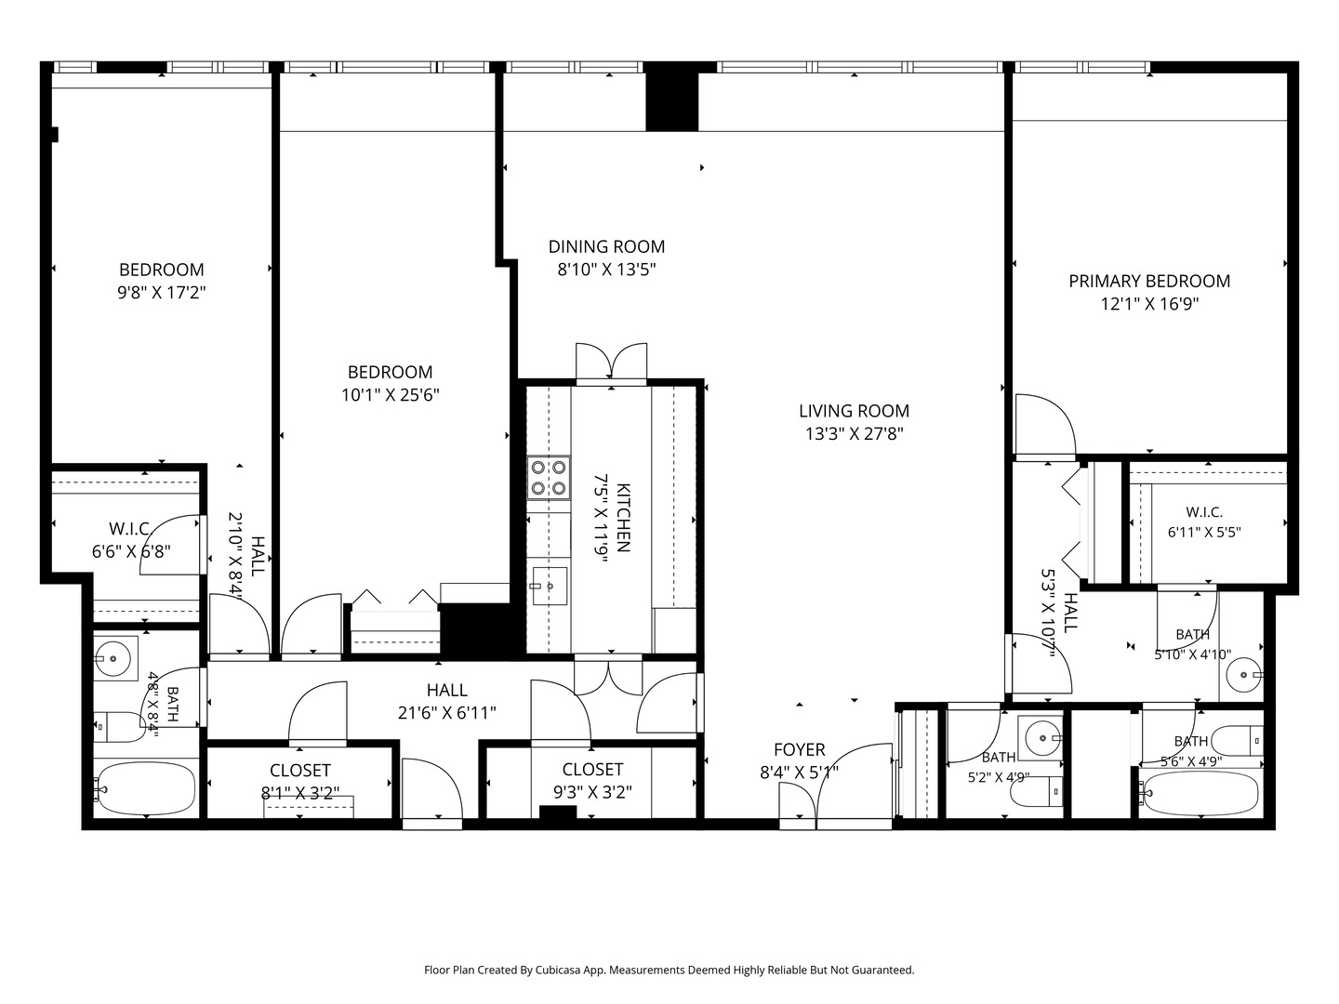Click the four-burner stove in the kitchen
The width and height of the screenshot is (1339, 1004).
click(549, 478)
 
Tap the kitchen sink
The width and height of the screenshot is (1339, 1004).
click(549, 587)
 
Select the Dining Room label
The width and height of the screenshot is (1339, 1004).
click(606, 246)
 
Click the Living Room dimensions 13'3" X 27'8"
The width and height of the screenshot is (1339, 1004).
click(854, 434)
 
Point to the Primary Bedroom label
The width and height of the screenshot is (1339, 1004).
click(1149, 281)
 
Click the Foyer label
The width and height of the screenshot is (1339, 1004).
click(799, 749)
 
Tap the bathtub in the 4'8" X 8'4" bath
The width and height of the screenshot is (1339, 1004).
click(145, 788)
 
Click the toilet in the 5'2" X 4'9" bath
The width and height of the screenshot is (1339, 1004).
click(1037, 791)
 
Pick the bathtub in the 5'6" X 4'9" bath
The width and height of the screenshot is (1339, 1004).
click(1200, 794)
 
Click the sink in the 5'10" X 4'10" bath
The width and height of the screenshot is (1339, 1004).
click(1242, 675)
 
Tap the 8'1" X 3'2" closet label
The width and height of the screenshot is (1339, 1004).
click(300, 782)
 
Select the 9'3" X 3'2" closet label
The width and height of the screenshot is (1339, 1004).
click(592, 780)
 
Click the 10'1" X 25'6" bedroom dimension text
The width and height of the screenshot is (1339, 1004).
click(391, 395)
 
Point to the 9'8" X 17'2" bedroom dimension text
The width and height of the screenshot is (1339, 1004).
click(162, 293)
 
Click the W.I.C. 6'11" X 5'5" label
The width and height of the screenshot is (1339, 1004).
click(1204, 522)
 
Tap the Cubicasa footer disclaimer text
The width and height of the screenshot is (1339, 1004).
click(669, 970)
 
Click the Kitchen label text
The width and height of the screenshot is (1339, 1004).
click(623, 518)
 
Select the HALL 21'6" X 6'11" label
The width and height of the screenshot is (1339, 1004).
click(447, 701)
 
